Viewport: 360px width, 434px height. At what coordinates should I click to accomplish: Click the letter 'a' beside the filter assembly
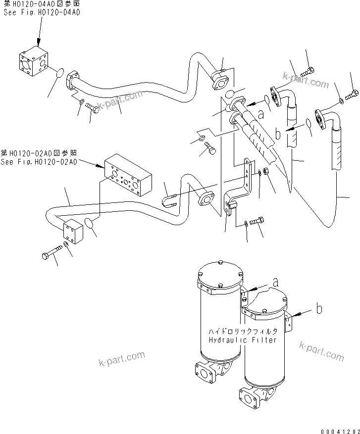coord(276,283)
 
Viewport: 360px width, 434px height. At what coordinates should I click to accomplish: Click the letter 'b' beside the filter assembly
coord(320,309)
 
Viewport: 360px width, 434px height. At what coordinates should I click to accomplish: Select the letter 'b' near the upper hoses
coord(278,133)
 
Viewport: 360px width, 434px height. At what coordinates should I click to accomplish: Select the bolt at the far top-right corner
coord(354,93)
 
